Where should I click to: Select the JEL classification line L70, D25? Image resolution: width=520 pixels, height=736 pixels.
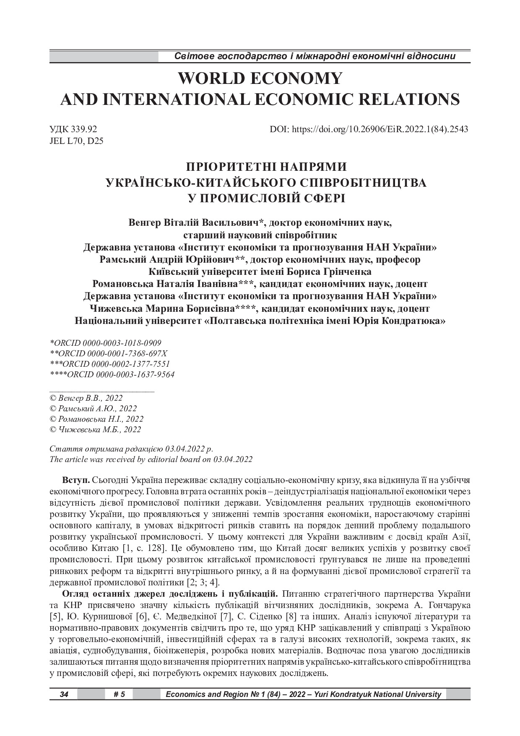coord(76,141)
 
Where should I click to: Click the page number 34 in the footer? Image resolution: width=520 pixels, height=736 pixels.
coord(64,694)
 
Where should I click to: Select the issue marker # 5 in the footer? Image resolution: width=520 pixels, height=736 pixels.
coord(119,694)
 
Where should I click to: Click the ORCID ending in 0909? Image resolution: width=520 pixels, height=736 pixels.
coord(105,343)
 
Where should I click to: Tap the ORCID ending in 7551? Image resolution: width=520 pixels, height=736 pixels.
coord(109,364)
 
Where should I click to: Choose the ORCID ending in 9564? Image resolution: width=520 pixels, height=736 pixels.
coord(112,374)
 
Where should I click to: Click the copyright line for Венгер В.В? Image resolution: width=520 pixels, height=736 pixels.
coord(86,398)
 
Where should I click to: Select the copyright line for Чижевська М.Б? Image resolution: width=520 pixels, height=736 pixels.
coord(95,429)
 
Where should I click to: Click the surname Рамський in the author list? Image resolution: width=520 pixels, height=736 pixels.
coord(119,260)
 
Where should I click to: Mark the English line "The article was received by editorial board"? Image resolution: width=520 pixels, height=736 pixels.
coord(151,459)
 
